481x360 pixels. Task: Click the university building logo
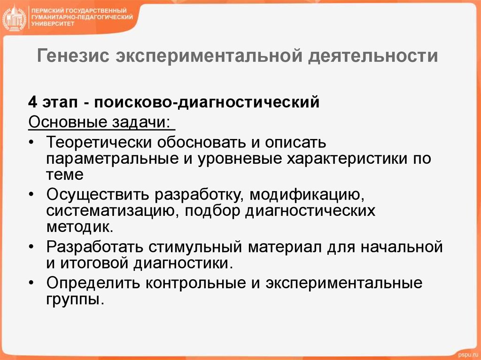coord(15,19)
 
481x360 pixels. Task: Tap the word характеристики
coord(347,158)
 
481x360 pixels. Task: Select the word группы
coord(74,299)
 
